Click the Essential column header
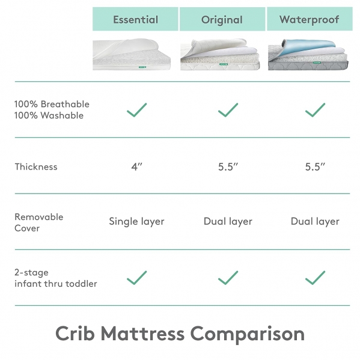pyautogui.click(x=135, y=19)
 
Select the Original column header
pyautogui.click(x=222, y=19)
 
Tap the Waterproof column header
pyautogui.click(x=309, y=19)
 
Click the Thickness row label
pyautogui.click(x=36, y=166)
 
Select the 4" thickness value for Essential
pyautogui.click(x=136, y=166)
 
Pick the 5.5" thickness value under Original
pyautogui.click(x=228, y=166)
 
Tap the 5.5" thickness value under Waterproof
pyautogui.click(x=314, y=166)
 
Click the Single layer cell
pyautogui.click(x=136, y=221)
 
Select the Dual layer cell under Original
pyautogui.click(x=228, y=221)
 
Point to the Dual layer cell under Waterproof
pyautogui.click(x=315, y=221)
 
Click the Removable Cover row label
pyautogui.click(x=38, y=222)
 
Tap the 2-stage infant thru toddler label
pyautogui.click(x=55, y=278)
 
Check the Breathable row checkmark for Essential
pyautogui.click(x=137, y=110)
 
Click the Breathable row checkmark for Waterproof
pyautogui.click(x=315, y=110)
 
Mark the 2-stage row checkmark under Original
pyautogui.click(x=228, y=278)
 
